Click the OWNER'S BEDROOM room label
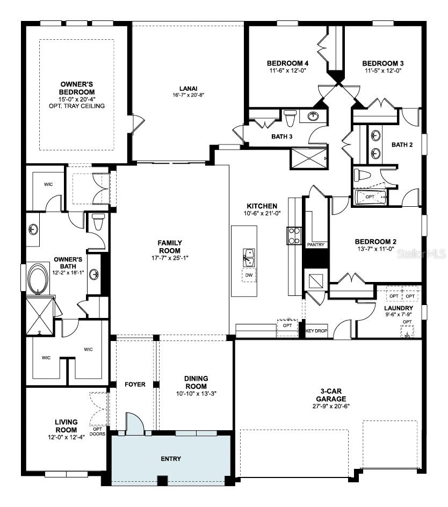[x=77, y=88]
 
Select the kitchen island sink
[x=248, y=257]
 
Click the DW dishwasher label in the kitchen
[x=248, y=275]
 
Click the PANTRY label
[x=315, y=244]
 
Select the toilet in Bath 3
[x=290, y=117]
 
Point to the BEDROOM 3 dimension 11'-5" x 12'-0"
[x=382, y=70]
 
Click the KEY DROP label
[x=316, y=331]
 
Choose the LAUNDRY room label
[x=398, y=308]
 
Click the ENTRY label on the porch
[x=171, y=459]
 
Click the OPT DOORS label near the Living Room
[x=97, y=431]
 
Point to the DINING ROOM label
[x=196, y=382]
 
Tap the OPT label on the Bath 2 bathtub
[x=370, y=197]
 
